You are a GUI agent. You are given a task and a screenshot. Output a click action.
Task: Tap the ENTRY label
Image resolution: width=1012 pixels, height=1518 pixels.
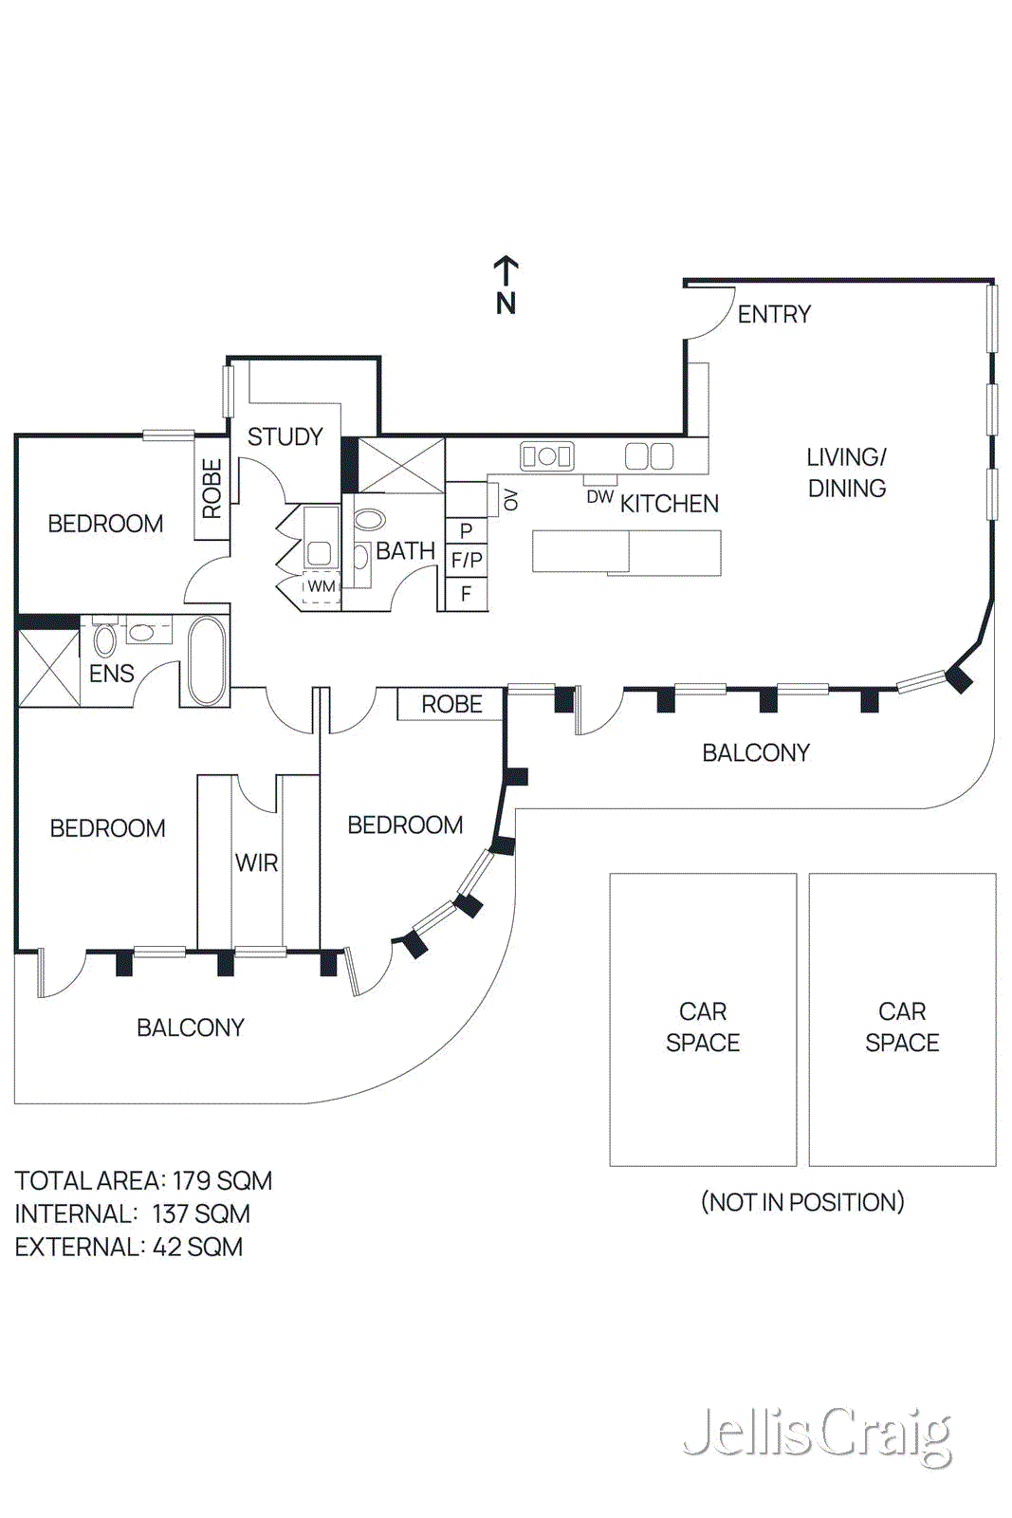[774, 314]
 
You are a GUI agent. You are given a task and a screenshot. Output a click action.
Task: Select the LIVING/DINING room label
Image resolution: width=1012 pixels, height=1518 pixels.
[846, 472]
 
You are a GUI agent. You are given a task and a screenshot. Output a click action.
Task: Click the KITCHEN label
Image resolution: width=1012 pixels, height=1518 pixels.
[670, 504]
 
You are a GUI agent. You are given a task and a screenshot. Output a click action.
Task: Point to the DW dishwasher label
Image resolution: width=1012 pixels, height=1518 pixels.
[599, 496]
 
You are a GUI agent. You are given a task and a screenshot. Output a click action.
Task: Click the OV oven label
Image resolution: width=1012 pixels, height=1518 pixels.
[511, 499]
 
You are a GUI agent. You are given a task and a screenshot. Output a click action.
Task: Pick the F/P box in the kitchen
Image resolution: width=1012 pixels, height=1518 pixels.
[467, 560]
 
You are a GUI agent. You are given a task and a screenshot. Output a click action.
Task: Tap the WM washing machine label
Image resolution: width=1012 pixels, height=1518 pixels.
[322, 586]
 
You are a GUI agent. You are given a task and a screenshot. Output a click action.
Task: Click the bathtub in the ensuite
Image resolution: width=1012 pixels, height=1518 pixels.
[207, 660]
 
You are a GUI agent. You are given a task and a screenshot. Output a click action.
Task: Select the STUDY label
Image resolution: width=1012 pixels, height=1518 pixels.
[285, 436]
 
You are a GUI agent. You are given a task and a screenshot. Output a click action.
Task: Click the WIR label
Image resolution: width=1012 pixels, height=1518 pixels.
[256, 862]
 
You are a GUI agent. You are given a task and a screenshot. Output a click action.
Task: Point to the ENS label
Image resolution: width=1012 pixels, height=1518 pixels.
[111, 674]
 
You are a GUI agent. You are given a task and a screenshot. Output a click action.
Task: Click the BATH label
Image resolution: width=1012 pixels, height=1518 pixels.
[405, 551]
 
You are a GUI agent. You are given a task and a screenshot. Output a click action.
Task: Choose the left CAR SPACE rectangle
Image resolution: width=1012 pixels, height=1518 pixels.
[703, 1020]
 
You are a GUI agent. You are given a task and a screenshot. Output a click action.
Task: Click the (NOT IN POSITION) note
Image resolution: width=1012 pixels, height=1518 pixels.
[802, 1202]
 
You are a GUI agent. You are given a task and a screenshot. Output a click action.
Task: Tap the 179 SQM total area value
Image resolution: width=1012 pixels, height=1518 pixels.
[222, 1180]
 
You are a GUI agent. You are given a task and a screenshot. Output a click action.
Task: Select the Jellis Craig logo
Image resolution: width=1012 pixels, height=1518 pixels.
[817, 1435]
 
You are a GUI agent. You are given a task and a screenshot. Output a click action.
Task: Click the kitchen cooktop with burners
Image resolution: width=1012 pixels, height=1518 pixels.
[546, 456]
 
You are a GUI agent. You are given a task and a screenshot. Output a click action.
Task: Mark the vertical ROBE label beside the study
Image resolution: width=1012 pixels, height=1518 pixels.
[212, 488]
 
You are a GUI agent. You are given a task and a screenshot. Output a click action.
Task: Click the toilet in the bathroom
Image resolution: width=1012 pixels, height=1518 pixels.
[369, 519]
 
